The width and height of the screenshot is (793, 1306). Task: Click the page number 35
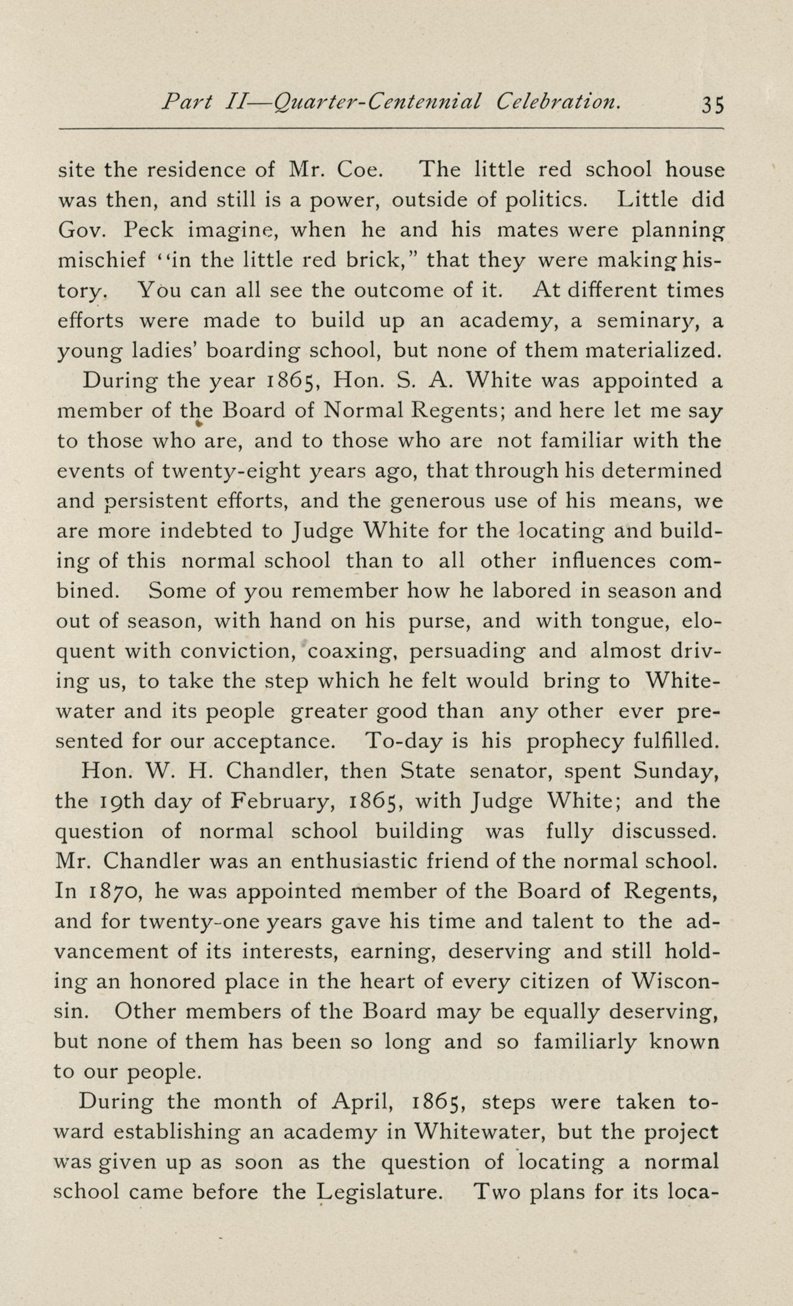(x=713, y=105)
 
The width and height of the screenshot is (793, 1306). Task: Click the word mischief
(x=102, y=260)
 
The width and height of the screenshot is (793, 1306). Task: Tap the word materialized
(x=654, y=350)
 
